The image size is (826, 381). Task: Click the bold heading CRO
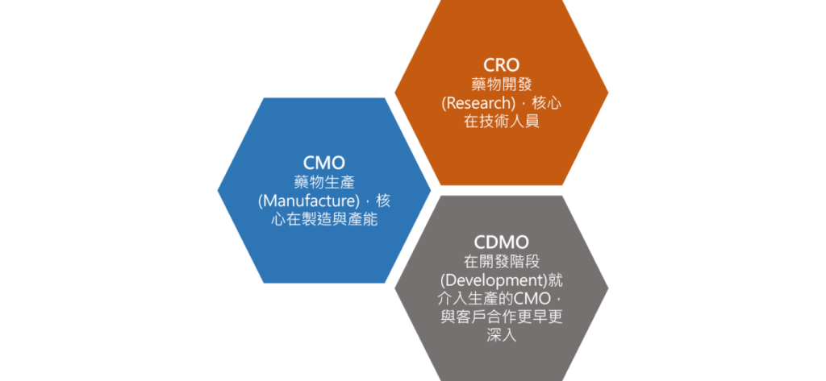501,64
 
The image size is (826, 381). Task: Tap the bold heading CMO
324,163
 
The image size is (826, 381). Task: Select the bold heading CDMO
501,242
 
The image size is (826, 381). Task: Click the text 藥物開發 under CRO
501,84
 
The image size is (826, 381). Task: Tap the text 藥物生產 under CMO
324,182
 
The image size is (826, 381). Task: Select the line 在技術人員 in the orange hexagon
501,122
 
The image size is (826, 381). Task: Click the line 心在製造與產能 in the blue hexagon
324,219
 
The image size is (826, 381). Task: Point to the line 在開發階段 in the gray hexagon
501,261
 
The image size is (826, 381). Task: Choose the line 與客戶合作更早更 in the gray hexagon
501,317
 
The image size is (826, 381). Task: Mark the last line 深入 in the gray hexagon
501,335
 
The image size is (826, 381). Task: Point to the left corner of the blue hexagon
219,190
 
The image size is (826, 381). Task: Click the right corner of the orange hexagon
607,93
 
